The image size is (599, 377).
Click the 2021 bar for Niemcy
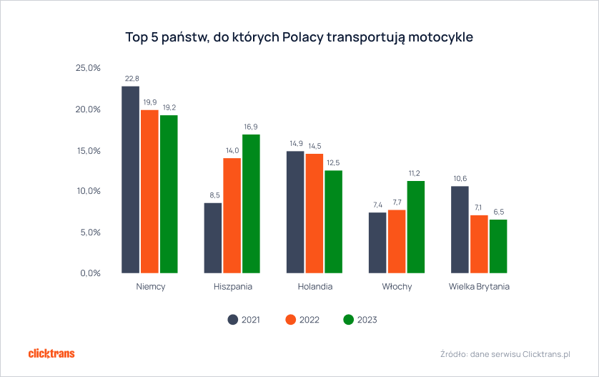(130, 179)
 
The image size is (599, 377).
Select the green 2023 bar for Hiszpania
(251, 203)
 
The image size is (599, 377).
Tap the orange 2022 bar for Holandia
(315, 213)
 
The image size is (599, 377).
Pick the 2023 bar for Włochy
(415, 226)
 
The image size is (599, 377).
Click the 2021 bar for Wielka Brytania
(460, 229)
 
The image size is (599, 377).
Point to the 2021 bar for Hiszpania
(213, 238)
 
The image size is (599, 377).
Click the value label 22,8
(132, 78)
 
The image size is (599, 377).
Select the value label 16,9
(251, 127)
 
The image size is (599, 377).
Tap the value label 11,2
(415, 173)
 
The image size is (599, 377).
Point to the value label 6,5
(498, 212)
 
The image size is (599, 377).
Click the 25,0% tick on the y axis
(88, 68)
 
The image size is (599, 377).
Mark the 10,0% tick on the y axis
(88, 191)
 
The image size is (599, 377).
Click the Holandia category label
(315, 287)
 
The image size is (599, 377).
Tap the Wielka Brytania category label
(479, 287)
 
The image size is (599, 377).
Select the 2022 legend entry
(300, 320)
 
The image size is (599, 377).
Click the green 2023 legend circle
(349, 320)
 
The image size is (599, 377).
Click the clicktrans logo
(51, 353)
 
